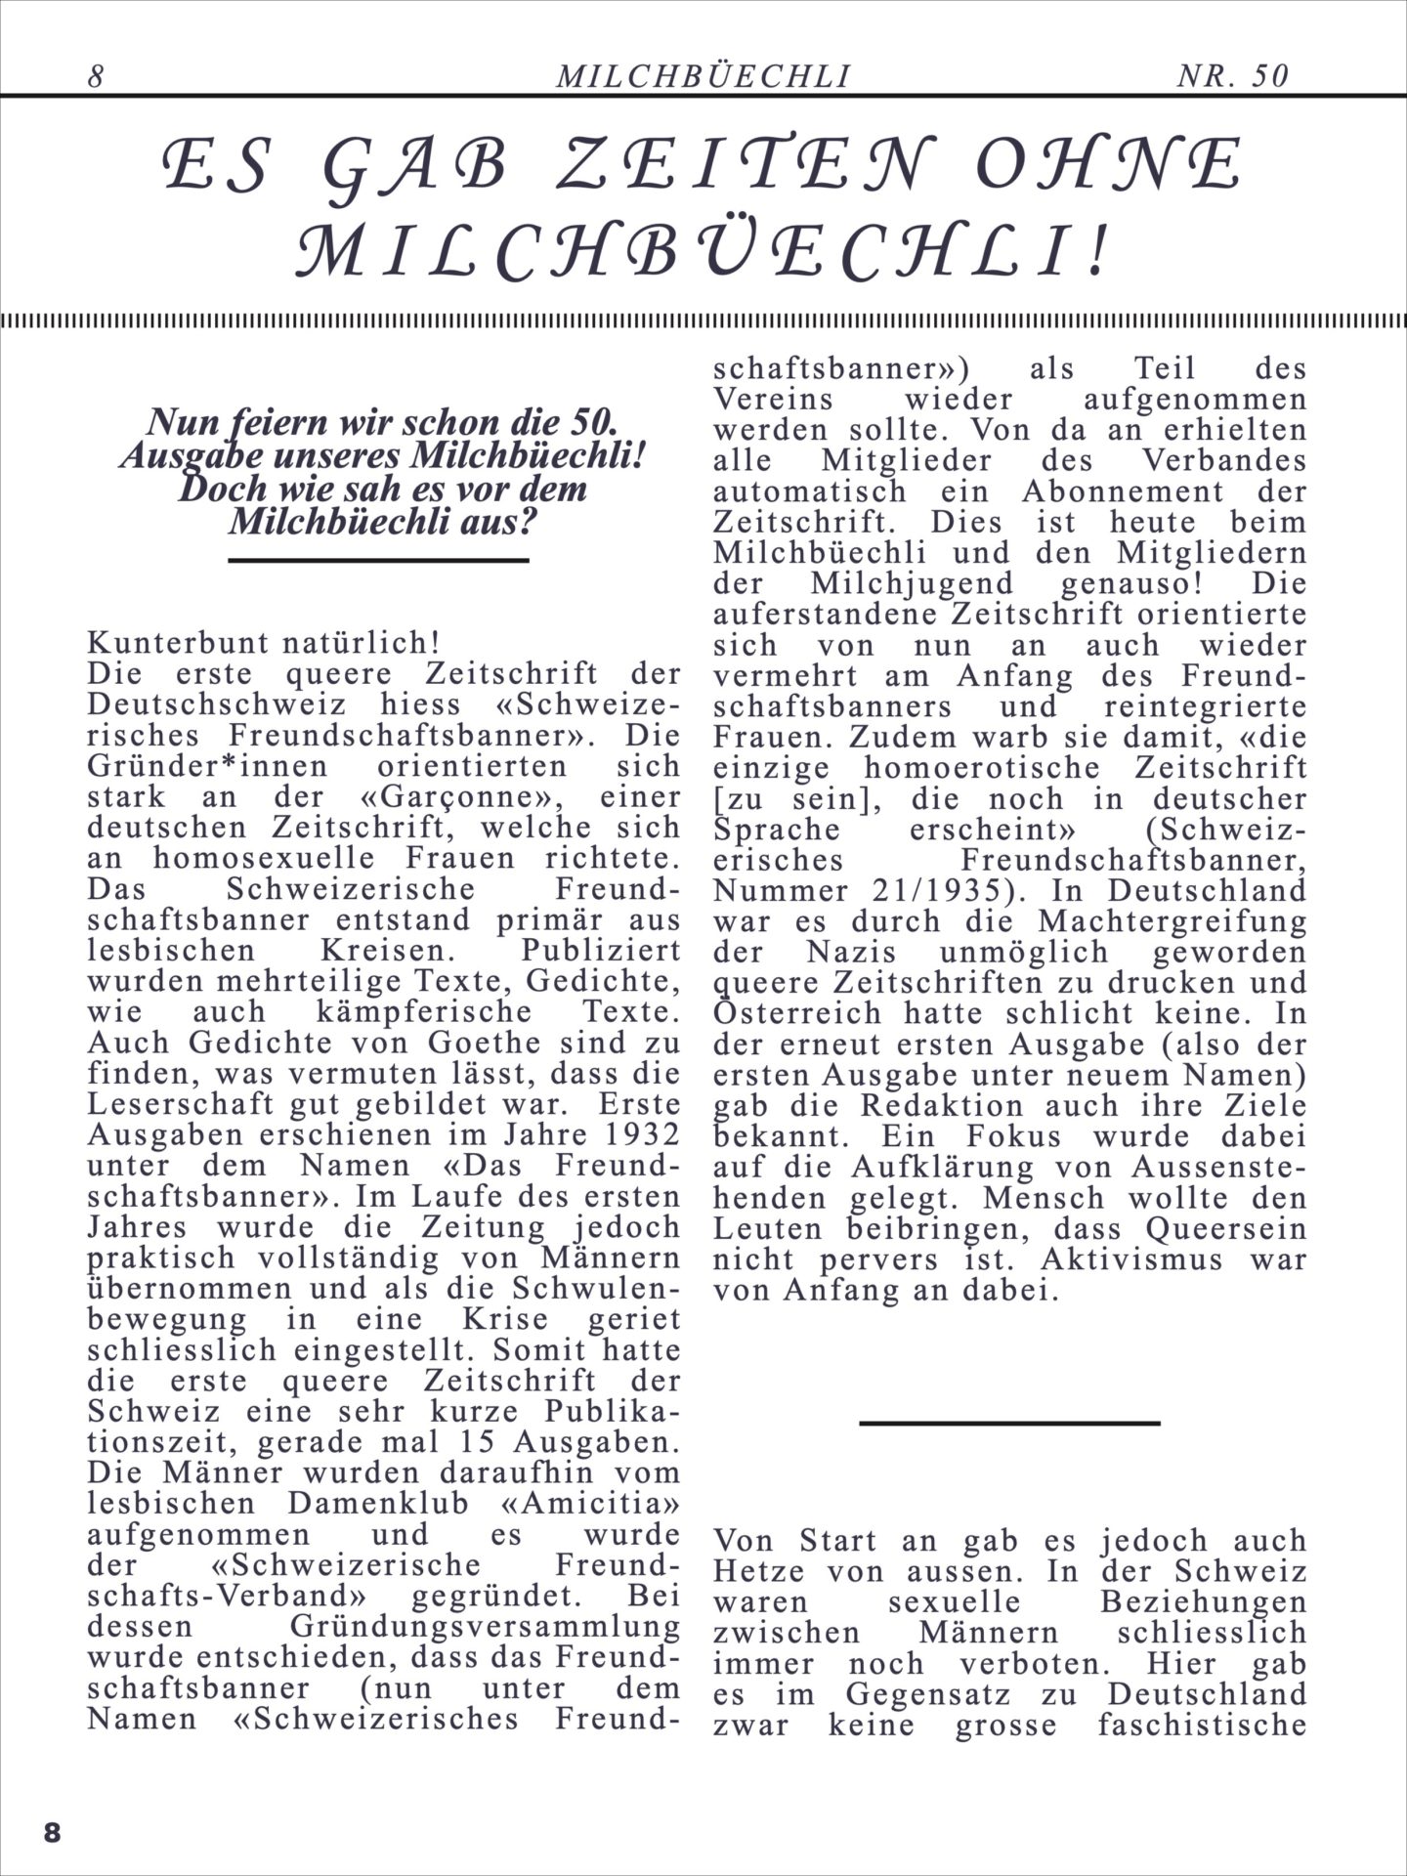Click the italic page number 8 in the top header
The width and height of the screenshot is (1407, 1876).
[x=96, y=76]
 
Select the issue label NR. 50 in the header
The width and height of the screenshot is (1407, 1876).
[x=1233, y=76]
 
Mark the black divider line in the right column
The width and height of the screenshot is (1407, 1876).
[x=1009, y=1423]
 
